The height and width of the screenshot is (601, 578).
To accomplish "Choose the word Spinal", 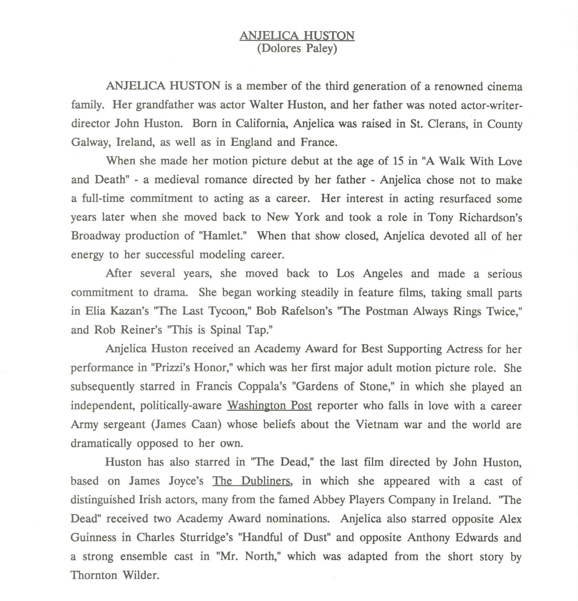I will pyautogui.click(x=226, y=330).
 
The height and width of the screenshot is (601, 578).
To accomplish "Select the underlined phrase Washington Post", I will pyautogui.click(x=269, y=405).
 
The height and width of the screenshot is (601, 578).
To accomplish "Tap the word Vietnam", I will pyautogui.click(x=377, y=424).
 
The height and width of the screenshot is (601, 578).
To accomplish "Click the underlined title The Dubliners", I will pyautogui.click(x=251, y=481).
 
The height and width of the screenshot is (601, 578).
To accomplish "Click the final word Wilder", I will pyautogui.click(x=141, y=575).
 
